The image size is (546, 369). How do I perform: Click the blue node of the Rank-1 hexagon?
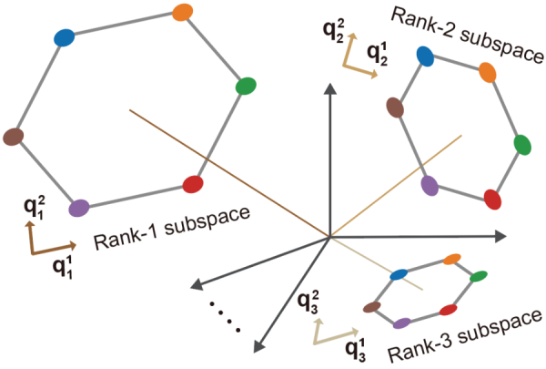coord(63,37)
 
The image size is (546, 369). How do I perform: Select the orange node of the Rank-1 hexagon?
coord(181,13)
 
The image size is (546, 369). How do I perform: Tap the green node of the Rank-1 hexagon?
coord(246,87)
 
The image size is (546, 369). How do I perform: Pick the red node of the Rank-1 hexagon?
coord(192,185)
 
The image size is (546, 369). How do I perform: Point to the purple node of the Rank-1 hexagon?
coord(78,208)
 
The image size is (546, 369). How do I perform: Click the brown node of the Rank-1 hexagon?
coord(12,137)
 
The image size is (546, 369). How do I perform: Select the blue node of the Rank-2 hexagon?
coord(424,56)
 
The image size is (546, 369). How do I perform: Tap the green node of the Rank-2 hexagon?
coord(521,144)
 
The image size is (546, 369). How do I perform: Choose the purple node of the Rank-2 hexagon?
coord(430,185)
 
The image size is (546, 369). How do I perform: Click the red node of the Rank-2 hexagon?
coord(492,199)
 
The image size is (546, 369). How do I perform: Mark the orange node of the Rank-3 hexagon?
coord(451,260)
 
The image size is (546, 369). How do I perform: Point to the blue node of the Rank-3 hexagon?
coord(398,273)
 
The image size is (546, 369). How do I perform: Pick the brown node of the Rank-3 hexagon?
coord(370,307)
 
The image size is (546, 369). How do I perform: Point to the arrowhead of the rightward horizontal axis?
coord(500,236)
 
